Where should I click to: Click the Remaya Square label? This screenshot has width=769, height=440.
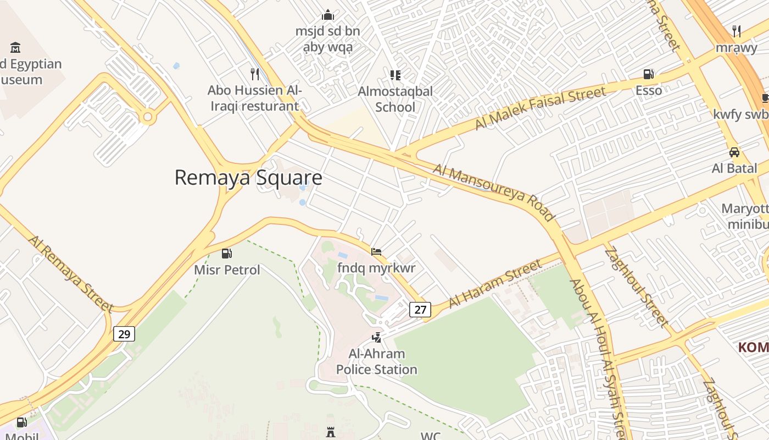click(248, 178)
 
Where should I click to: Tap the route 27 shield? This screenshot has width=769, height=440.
click(420, 310)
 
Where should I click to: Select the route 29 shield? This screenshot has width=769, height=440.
click(124, 334)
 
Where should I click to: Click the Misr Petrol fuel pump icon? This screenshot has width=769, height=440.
click(226, 254)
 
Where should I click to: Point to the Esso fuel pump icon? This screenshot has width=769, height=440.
click(649, 74)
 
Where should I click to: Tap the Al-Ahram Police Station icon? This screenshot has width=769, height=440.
click(376, 337)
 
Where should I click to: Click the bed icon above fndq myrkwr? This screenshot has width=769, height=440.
click(376, 252)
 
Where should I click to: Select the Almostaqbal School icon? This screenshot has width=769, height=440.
click(395, 75)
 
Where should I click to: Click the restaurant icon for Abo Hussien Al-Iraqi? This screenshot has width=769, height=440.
click(254, 74)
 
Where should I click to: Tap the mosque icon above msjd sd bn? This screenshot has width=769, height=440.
click(328, 15)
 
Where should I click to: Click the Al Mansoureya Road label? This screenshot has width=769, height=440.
click(494, 192)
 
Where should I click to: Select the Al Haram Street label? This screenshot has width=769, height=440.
click(495, 285)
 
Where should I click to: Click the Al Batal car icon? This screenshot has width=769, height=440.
click(734, 152)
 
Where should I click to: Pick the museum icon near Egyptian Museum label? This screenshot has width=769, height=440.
click(15, 47)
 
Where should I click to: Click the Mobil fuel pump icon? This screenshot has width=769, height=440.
click(22, 422)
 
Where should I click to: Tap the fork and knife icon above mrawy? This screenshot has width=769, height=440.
click(736, 31)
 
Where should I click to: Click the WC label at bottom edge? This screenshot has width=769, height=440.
click(431, 436)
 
